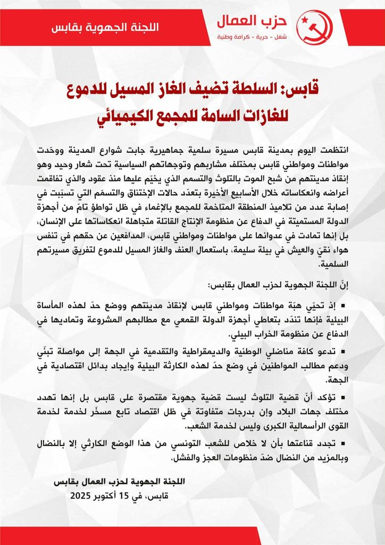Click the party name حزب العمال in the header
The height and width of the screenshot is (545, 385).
[260, 21]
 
